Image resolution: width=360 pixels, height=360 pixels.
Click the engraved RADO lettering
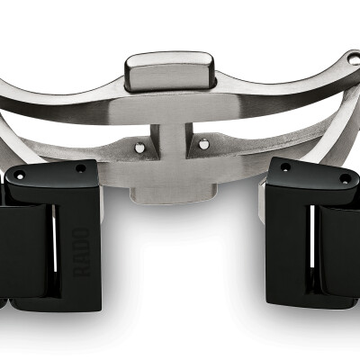point(81,252)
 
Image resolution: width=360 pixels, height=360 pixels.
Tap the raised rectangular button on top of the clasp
point(170,71)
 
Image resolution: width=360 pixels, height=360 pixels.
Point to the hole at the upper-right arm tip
point(354,59)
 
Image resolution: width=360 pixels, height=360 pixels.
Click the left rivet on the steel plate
point(139,147)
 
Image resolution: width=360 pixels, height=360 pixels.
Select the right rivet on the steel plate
point(203,144)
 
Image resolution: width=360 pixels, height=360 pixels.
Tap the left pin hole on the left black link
point(20,175)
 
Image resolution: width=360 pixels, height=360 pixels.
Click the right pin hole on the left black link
point(80,168)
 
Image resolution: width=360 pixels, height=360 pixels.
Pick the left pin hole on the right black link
point(284,166)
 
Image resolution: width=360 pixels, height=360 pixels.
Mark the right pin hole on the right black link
point(346,179)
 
